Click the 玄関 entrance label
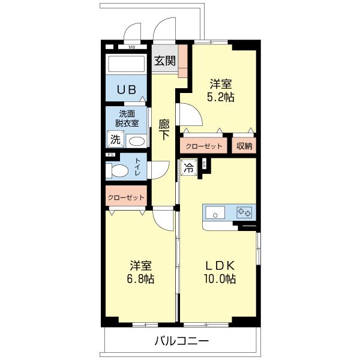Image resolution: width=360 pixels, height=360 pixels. [165, 60]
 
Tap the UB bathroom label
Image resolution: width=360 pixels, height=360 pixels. [126, 90]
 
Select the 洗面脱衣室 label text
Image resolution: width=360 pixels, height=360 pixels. [127, 118]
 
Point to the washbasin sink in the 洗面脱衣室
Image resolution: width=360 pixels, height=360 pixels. [137, 141]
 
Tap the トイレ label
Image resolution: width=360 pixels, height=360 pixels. [138, 167]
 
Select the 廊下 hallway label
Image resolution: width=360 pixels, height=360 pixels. [164, 130]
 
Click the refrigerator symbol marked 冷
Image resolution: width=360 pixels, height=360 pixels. [189, 169]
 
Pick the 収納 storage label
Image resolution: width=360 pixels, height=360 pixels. [244, 146]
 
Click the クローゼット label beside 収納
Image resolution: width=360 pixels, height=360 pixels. [204, 146]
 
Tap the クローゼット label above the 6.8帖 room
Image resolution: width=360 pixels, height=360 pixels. [127, 197]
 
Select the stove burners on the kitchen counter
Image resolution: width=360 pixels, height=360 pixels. [244, 212]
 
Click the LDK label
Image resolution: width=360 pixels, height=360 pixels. [221, 265]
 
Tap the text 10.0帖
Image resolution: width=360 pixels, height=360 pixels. [221, 279]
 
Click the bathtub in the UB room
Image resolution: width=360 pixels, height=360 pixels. [126, 65]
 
